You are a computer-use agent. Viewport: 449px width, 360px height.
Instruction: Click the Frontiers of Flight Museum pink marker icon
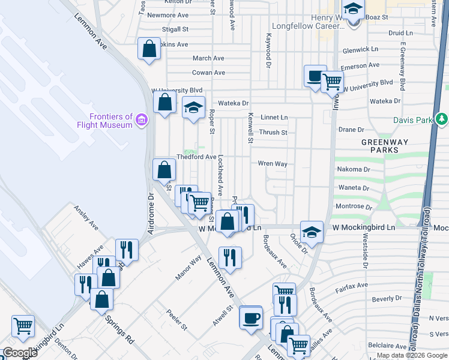142,120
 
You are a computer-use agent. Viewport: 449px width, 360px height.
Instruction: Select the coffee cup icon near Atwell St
251,317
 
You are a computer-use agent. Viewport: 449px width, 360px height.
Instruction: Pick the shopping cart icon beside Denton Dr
23,326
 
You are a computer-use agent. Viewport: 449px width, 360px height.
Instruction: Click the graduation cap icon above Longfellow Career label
353,10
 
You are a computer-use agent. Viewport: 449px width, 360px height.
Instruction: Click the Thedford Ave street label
196,157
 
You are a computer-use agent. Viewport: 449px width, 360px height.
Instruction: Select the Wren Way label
273,163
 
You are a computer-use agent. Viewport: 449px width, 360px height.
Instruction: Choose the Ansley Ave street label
86,218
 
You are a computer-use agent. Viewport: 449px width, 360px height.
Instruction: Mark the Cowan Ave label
208,73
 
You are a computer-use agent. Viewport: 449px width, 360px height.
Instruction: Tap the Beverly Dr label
386,298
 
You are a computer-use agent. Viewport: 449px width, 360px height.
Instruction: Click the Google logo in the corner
20,353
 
